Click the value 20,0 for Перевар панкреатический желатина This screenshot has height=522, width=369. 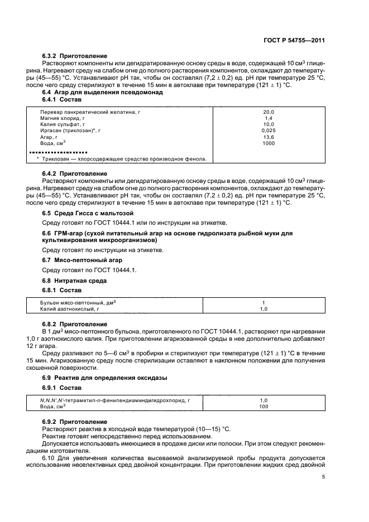(x=268, y=112)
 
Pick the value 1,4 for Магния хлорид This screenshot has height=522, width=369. (x=268, y=118)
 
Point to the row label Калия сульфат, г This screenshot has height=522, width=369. (x=63, y=124)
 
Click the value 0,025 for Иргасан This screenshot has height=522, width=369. (x=268, y=130)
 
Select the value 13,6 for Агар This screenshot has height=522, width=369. (x=268, y=137)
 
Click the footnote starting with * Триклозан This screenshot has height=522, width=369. (x=122, y=158)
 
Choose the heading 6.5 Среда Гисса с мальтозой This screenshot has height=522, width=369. (x=88, y=213)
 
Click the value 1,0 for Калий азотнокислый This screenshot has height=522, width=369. (x=264, y=308)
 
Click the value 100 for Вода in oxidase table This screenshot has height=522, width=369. (x=264, y=407)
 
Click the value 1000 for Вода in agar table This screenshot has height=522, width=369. (x=268, y=143)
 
